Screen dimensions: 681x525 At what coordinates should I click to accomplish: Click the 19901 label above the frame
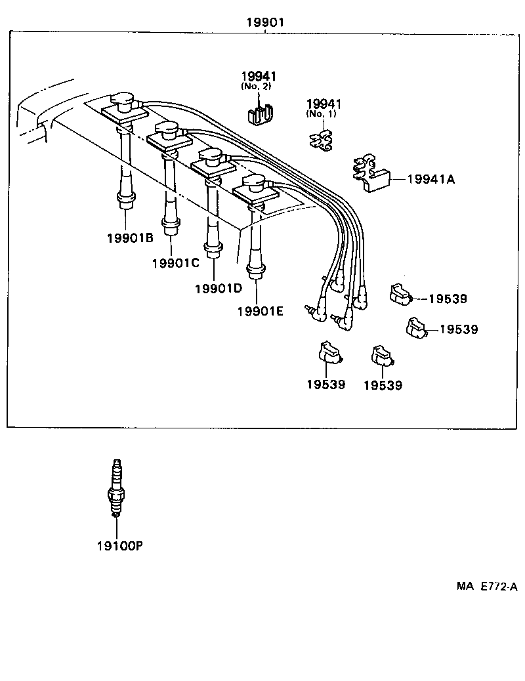[x=264, y=23]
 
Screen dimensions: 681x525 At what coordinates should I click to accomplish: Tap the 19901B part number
[x=129, y=237]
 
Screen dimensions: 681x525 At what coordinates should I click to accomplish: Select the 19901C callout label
[x=175, y=263]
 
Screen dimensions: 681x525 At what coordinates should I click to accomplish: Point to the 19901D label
[x=218, y=288]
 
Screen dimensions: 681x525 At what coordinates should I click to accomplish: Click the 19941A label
[x=430, y=178]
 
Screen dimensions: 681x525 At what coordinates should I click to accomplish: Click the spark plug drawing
[x=116, y=489]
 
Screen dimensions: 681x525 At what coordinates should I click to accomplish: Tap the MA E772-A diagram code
[x=487, y=587]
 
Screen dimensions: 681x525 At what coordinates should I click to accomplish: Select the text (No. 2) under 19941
[x=258, y=87]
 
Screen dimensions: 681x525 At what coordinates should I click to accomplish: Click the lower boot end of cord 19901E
[x=255, y=270]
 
